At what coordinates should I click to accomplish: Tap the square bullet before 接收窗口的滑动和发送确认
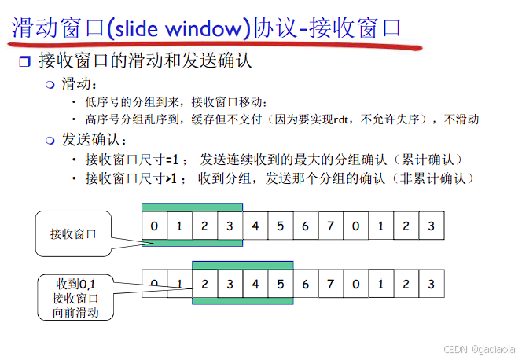24,61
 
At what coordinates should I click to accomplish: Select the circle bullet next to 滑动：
50,84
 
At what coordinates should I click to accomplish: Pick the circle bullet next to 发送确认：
50,140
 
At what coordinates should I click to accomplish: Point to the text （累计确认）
429,160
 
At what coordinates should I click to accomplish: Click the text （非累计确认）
436,178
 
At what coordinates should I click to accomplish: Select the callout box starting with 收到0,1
75,296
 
